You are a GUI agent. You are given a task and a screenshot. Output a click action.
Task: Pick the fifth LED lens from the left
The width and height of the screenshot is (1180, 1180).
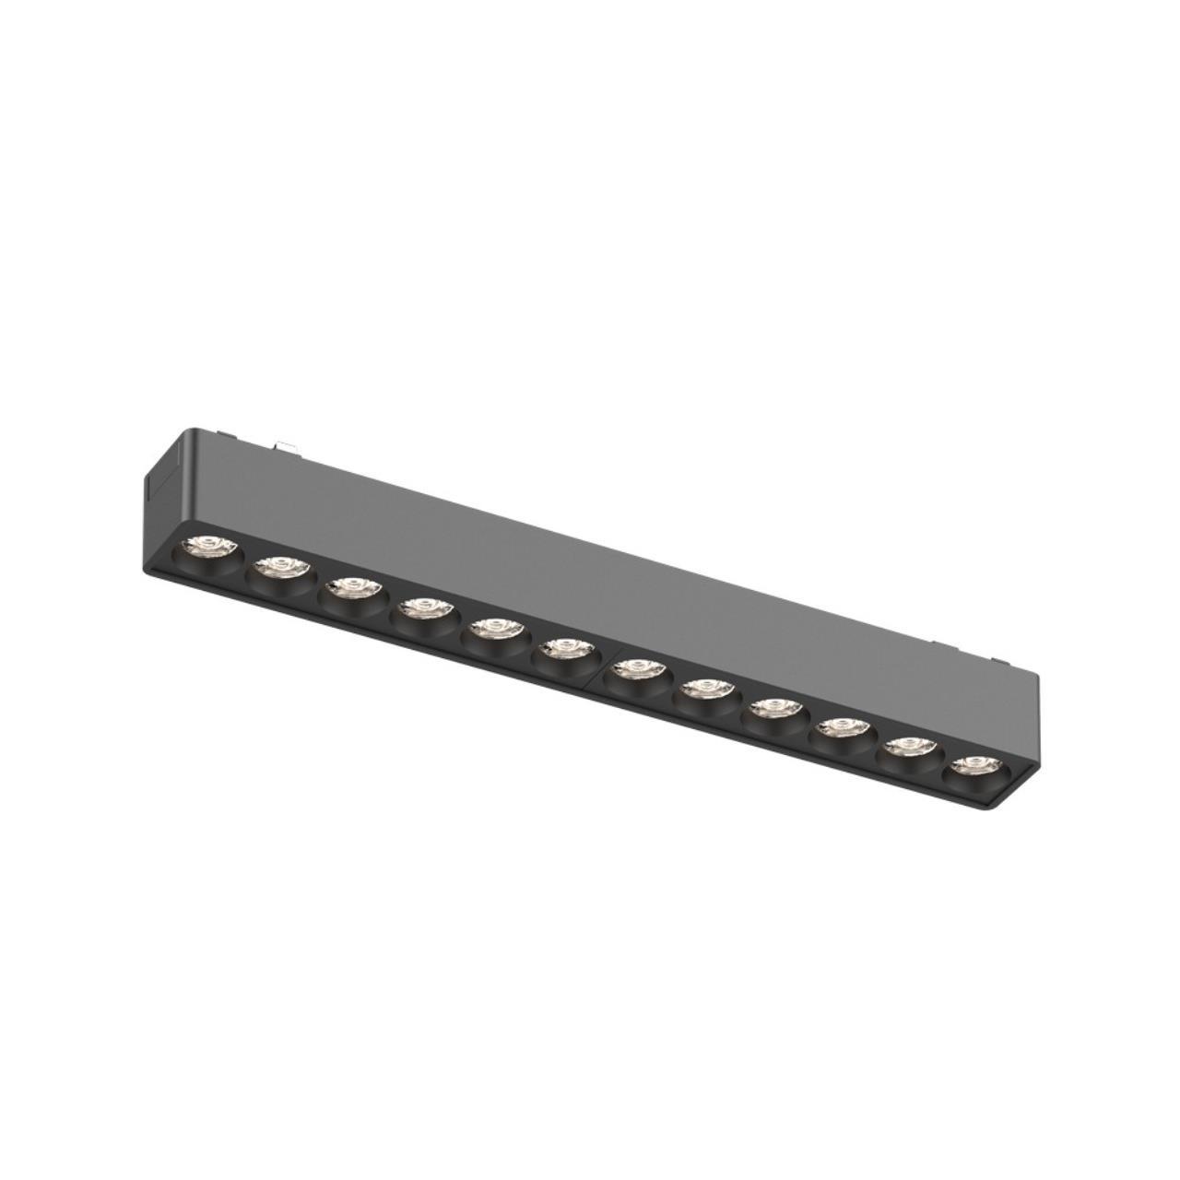[x=493, y=629]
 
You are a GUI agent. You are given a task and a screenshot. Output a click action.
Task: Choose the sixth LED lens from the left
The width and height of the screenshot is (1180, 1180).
[x=562, y=648]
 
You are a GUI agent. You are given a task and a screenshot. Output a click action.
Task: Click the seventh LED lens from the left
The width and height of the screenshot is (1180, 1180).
[x=635, y=667]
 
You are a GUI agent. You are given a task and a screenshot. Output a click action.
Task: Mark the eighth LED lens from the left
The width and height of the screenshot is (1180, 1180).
[x=704, y=687]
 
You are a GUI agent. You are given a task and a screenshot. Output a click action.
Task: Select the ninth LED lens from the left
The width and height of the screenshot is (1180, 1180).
[x=773, y=708]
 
